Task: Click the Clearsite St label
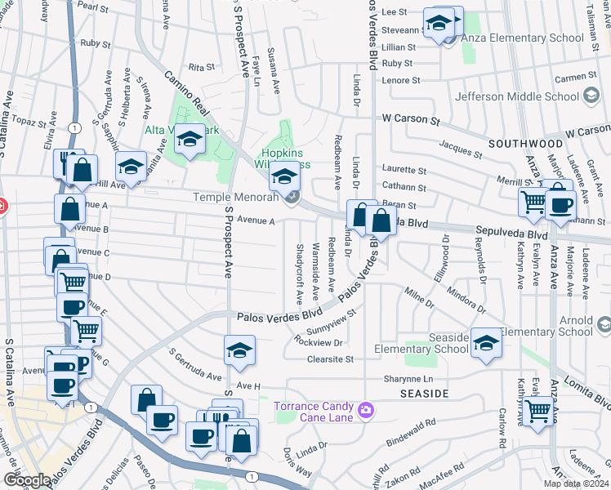pos(330,359)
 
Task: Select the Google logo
pos(27,480)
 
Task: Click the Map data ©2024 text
pos(575,483)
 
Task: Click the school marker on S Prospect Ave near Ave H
pos(239,350)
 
